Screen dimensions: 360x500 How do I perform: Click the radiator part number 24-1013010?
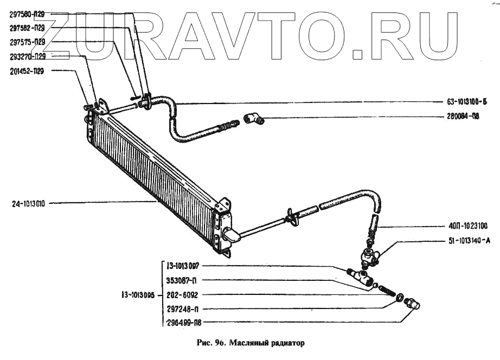29,204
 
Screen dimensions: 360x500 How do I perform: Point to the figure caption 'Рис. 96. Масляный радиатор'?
249,343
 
